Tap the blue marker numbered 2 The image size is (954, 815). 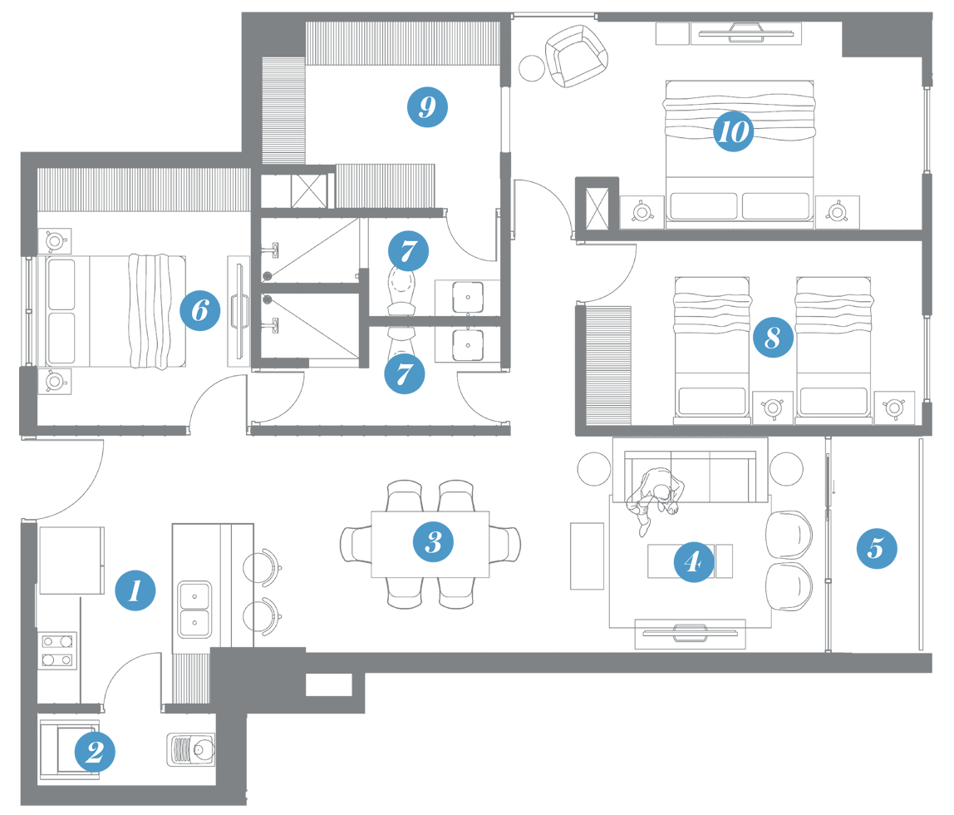point(95,752)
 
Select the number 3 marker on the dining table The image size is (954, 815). point(433,542)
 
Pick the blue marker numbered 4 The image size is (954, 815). point(692,562)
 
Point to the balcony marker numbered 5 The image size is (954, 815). point(876,548)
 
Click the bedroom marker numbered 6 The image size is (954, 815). point(200,311)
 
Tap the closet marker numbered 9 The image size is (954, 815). point(427,106)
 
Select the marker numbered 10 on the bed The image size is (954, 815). point(732,131)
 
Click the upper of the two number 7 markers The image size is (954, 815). point(407,250)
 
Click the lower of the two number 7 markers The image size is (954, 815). point(404,373)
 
